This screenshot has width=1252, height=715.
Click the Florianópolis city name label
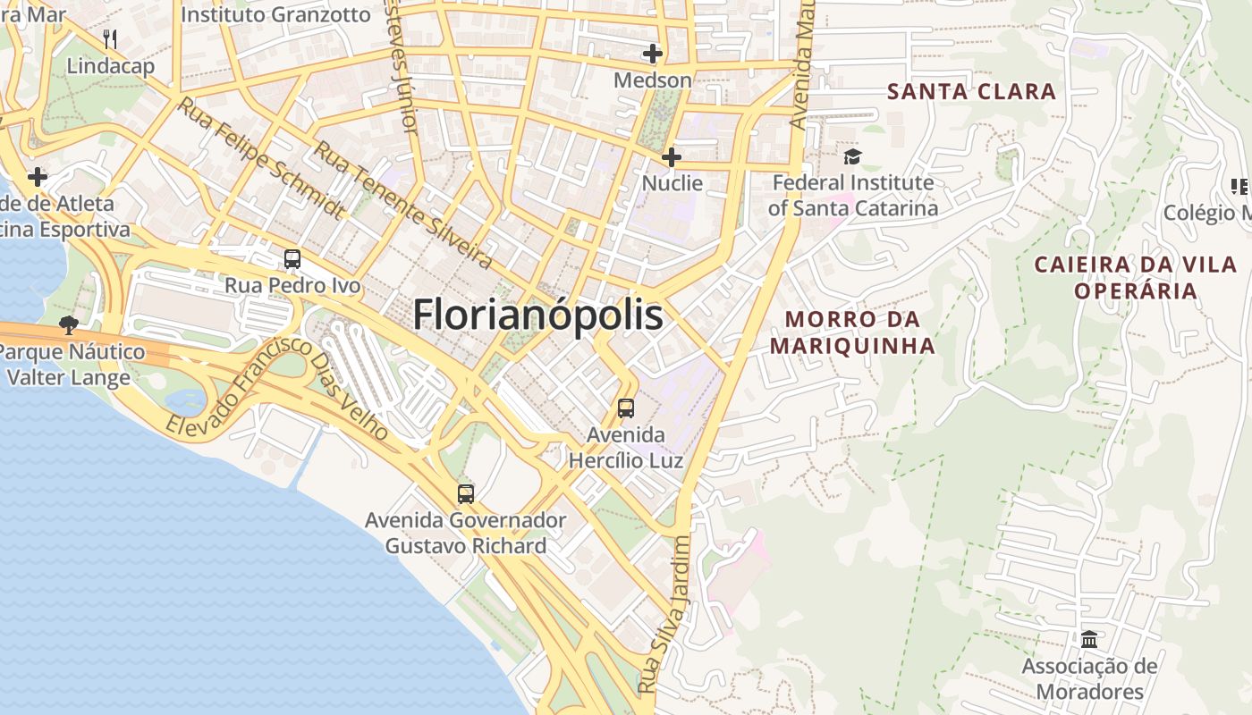click(537, 315)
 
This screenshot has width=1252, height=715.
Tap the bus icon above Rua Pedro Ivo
click(292, 259)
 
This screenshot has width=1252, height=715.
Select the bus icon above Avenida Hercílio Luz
click(626, 408)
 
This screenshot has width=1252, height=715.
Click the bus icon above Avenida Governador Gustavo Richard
click(466, 493)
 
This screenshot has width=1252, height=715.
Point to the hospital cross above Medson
click(653, 54)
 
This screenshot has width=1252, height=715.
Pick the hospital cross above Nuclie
click(672, 157)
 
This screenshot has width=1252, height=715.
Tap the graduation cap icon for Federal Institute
click(852, 157)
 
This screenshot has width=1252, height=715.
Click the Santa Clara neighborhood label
click(972, 91)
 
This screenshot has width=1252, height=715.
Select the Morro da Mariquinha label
click(852, 332)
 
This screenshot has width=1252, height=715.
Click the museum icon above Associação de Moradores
click(1089, 639)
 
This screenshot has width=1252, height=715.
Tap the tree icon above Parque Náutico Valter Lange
click(68, 324)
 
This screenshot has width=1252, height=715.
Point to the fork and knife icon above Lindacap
click(110, 38)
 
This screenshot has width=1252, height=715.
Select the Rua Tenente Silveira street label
click(402, 206)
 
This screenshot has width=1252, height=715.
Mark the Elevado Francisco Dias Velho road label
click(277, 389)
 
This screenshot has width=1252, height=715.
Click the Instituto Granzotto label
click(275, 14)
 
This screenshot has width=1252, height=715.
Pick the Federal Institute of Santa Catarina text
click(853, 196)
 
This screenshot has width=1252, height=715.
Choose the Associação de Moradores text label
click(1089, 678)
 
